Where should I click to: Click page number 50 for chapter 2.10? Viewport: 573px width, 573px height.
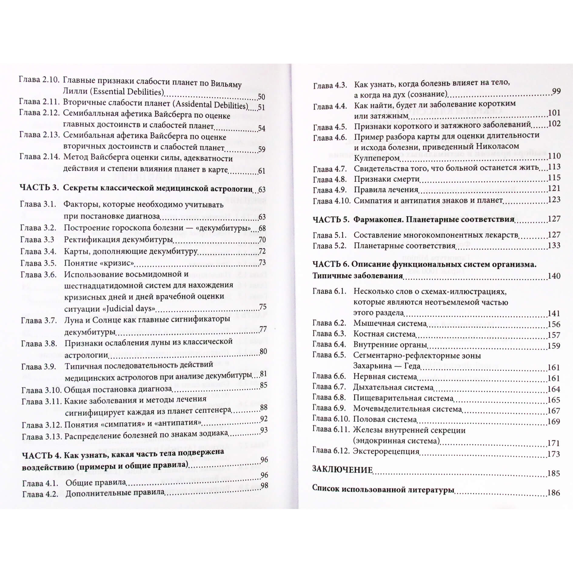point(261,97)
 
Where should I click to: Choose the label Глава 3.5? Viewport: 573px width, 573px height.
point(38,263)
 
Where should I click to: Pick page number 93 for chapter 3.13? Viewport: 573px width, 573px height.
point(264,430)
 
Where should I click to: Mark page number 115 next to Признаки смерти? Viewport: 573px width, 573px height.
point(554,178)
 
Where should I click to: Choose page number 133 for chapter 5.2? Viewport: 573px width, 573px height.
point(554,245)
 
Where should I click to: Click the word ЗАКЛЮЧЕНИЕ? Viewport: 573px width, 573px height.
point(342,470)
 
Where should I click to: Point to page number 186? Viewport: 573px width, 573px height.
point(553,493)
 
